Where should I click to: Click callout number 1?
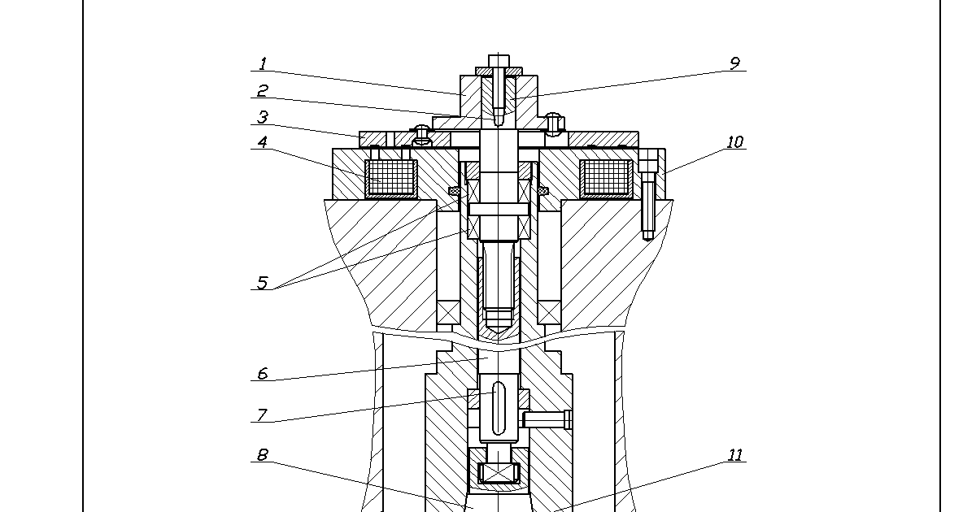click(x=263, y=63)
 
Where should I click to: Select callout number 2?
click(x=262, y=90)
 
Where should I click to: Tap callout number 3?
click(x=262, y=117)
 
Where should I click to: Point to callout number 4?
click(x=262, y=142)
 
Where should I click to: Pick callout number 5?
click(x=262, y=283)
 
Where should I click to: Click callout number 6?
click(x=262, y=374)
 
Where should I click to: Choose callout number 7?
click(x=262, y=414)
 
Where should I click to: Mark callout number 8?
click(x=262, y=455)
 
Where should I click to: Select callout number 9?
click(x=734, y=63)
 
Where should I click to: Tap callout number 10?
click(x=735, y=142)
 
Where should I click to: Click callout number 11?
click(x=735, y=455)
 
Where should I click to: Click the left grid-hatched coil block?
click(x=391, y=179)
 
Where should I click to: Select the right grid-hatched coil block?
click(x=606, y=179)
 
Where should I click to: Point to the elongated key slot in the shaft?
click(x=499, y=408)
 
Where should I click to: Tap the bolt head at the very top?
click(x=499, y=61)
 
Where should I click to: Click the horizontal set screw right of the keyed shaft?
click(x=547, y=419)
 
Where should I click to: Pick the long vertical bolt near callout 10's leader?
click(x=648, y=194)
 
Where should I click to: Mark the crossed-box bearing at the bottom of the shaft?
click(x=499, y=473)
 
